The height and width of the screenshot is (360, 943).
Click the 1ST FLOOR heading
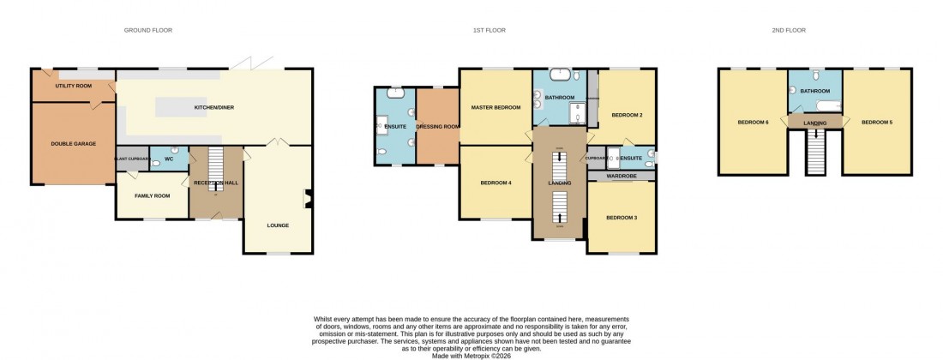[489, 30]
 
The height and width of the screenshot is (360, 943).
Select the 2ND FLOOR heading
[788, 30]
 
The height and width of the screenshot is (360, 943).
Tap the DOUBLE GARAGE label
[73, 144]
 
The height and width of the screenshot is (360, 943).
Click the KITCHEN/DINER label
[213, 108]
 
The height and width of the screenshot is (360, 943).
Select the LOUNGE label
[277, 225]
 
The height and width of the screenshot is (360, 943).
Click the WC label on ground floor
[169, 159]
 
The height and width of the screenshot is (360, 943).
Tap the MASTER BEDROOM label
[496, 107]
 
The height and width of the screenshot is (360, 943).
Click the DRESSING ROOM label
[437, 127]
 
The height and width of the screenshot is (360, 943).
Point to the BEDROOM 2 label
[627, 114]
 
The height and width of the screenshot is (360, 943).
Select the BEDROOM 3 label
[622, 218]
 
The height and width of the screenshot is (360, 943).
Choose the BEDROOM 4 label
[496, 183]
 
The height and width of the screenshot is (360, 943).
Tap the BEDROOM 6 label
[753, 123]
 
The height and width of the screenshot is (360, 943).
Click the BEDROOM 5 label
[876, 123]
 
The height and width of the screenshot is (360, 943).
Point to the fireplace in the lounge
[308, 198]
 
